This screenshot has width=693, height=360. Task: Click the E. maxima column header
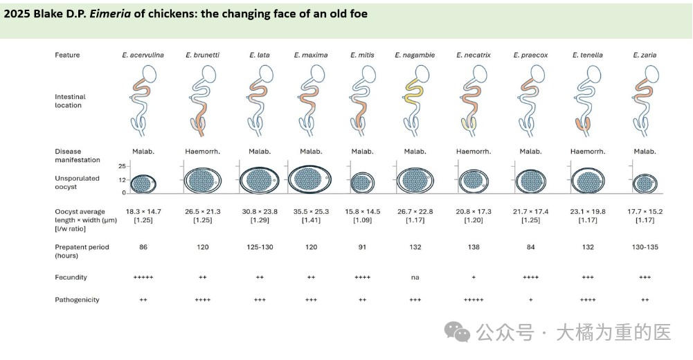coord(311,55)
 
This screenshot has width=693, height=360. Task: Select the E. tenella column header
coord(588,55)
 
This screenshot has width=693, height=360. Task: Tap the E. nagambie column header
coord(415,55)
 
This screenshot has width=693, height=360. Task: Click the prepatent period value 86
coord(143,247)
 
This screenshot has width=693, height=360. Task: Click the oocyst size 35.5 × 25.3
coord(311,212)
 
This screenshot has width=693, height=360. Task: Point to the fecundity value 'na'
coord(415,277)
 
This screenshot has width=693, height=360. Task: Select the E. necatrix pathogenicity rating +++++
coord(474,300)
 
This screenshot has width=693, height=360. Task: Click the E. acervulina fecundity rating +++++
coord(143,277)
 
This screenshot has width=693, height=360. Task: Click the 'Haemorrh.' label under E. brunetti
coord(202,152)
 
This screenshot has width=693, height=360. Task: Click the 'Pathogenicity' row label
coord(78,300)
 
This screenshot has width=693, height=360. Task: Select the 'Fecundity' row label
coord(71,277)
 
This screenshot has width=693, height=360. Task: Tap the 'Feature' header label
coord(67,55)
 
